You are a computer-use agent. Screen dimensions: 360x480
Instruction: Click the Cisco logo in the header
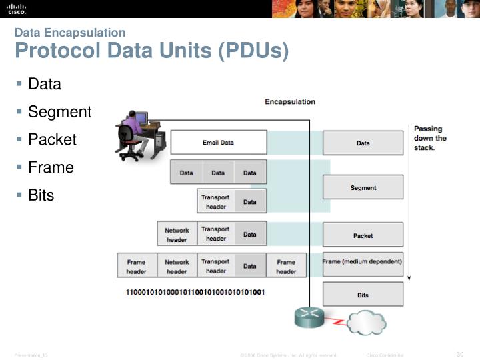pos(16,8)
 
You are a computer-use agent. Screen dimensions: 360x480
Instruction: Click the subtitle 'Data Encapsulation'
pos(70,33)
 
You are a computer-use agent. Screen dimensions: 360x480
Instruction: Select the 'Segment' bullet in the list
pos(59,112)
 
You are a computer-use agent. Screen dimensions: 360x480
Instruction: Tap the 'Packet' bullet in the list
pos(52,140)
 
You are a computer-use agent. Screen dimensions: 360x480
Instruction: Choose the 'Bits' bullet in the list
pos(41,195)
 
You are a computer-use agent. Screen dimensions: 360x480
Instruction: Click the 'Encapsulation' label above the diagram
pos(290,102)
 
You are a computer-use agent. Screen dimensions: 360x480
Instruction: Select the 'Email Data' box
pos(218,143)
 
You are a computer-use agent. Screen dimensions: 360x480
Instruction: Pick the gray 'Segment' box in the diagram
pos(363,187)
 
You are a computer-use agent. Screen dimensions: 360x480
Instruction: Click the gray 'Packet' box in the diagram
pos(363,235)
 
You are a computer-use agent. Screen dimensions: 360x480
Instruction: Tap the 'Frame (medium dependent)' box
pos(363,262)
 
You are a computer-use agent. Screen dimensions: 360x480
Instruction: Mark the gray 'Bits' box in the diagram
pos(363,295)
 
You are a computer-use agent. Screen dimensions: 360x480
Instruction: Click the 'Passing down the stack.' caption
pos(430,138)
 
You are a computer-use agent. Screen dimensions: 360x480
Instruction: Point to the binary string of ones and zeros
pos(195,293)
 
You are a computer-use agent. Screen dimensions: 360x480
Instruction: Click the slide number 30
pos(459,354)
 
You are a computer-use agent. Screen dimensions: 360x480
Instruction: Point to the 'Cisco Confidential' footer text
pos(385,355)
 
